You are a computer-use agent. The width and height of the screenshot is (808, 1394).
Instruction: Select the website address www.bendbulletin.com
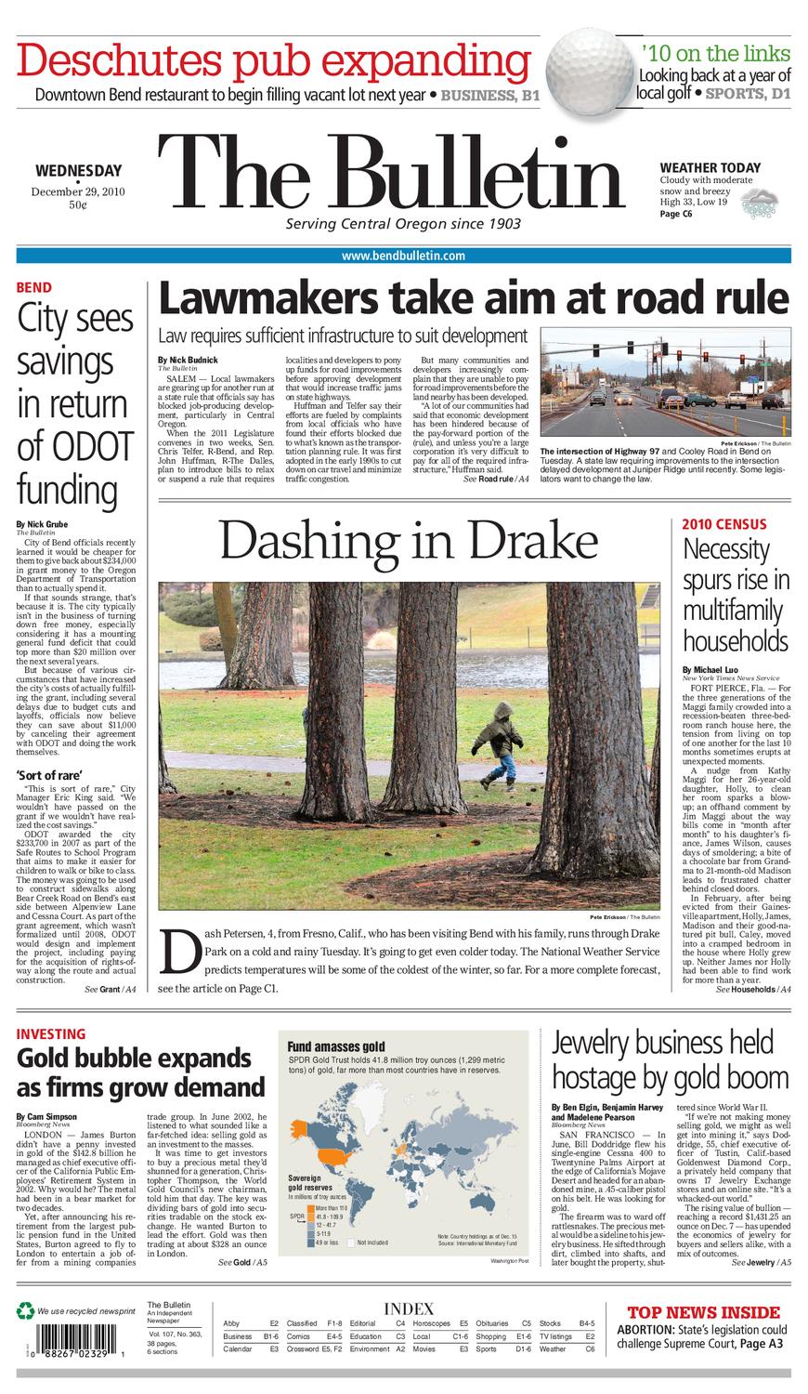[403, 256]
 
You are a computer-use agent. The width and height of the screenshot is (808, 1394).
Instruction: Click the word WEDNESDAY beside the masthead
[78, 170]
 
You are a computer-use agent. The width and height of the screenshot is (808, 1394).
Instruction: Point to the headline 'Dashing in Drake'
[409, 541]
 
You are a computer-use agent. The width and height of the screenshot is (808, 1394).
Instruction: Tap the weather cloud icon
[765, 199]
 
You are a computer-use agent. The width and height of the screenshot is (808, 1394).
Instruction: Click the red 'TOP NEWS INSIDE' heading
[703, 1312]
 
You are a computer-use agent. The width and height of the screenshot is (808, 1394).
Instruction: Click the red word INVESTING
[51, 1033]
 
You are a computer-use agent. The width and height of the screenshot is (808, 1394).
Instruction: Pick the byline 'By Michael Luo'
[712, 670]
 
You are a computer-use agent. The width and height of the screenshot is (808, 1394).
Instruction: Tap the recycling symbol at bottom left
[25, 1311]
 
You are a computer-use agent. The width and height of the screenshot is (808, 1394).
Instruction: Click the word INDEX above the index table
[408, 1309]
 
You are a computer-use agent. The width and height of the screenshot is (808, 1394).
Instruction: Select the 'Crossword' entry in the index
[302, 1348]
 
